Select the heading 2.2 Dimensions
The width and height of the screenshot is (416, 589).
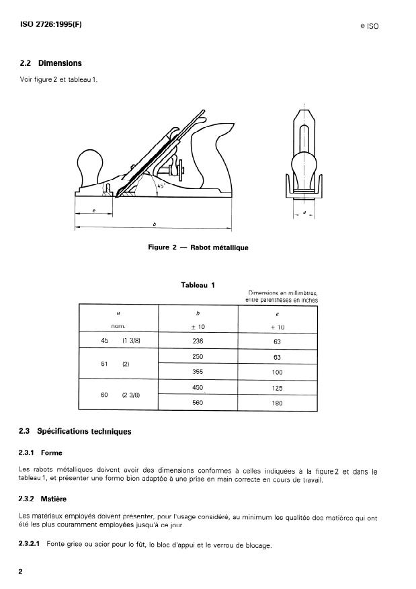pos(51,63)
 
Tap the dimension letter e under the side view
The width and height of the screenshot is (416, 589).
pos(93,211)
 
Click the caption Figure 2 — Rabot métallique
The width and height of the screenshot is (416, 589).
pos(198,247)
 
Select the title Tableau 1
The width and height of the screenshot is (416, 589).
pos(198,285)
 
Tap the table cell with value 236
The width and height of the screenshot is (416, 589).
pos(198,340)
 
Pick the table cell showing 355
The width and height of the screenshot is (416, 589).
pos(198,371)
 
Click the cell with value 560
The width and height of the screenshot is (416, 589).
pos(198,403)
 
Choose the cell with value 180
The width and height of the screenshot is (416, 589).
pos(278,403)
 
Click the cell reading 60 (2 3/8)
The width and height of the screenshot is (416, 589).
pos(118,395)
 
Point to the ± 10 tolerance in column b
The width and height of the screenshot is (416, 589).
pos(198,327)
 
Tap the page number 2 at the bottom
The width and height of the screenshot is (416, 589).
pos(22,571)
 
